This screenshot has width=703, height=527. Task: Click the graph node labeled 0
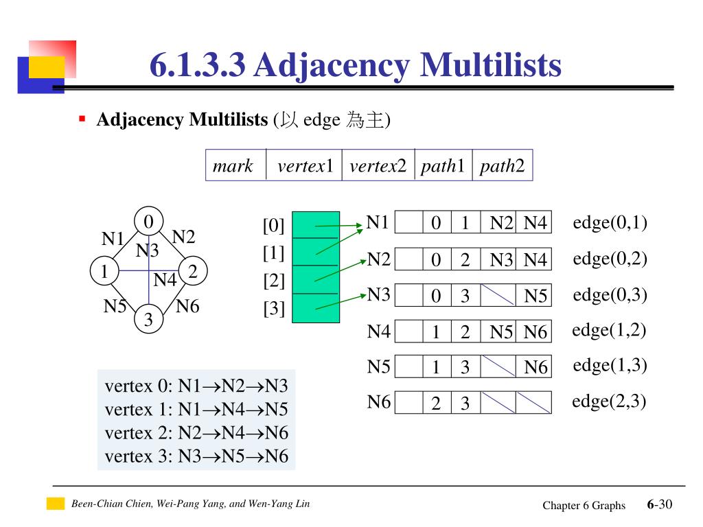pos(148,221)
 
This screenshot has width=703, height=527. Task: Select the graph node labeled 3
pos(148,319)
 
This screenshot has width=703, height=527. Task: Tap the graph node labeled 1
pos(104,272)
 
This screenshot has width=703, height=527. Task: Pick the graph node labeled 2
pos(193,272)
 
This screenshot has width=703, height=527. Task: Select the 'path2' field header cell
pos(502,166)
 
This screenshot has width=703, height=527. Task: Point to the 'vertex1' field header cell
pos(304,166)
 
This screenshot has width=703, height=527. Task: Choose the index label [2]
pos(273,281)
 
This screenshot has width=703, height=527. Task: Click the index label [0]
pos(273,225)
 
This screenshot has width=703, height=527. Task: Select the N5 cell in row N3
pos(535,296)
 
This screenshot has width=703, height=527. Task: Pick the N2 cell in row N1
pos(500,223)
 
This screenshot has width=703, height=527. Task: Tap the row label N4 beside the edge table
pos(378,331)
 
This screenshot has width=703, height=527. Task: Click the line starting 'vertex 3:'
pos(196,456)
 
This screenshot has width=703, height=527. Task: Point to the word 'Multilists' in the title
pos(490,66)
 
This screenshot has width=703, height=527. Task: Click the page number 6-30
pos(659,505)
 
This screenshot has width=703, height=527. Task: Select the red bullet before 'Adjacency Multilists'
pos(82,119)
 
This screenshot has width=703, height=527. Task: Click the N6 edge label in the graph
pos(187,306)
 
